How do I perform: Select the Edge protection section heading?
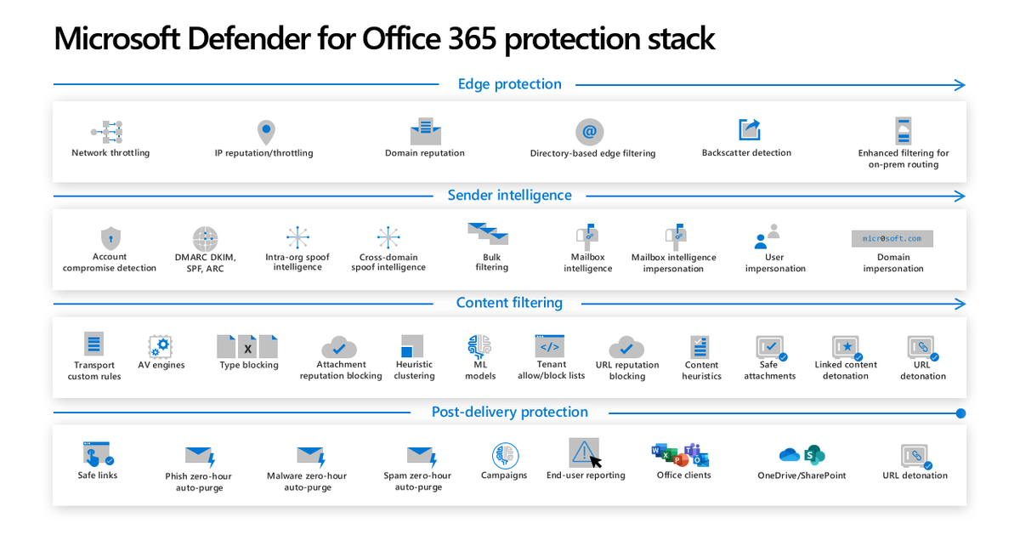click(509, 84)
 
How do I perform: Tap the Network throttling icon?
click(108, 131)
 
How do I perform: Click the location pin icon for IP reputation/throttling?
click(266, 133)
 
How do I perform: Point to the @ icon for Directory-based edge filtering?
click(589, 132)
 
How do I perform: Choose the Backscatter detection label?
click(746, 153)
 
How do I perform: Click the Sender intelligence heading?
click(509, 196)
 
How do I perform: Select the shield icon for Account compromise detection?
click(110, 237)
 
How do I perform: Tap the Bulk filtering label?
click(491, 262)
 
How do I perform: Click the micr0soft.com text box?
click(892, 238)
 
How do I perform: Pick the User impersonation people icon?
click(767, 236)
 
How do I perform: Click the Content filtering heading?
click(509, 303)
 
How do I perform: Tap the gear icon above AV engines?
click(160, 346)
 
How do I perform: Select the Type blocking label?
click(248, 365)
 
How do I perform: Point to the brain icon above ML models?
click(479, 346)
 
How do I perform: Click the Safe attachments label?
click(769, 370)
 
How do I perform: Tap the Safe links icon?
click(98, 452)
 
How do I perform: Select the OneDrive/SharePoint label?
click(802, 475)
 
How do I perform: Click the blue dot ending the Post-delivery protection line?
click(960, 413)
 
